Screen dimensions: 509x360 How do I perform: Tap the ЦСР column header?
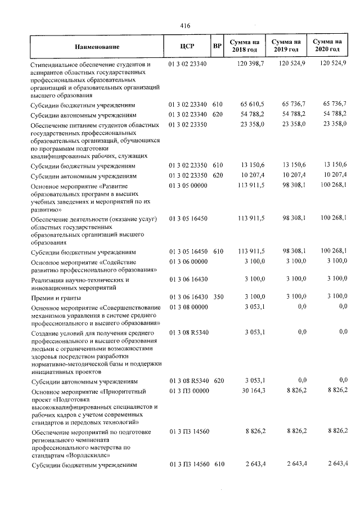pyautogui.click(x=188, y=47)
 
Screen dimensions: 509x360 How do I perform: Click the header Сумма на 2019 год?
pyautogui.click(x=286, y=47)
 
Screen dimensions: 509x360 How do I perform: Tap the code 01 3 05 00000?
pyautogui.click(x=188, y=186)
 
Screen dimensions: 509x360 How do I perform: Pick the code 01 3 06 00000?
pyautogui.click(x=188, y=262)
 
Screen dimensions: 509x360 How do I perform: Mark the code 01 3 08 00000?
pyautogui.click(x=188, y=307)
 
